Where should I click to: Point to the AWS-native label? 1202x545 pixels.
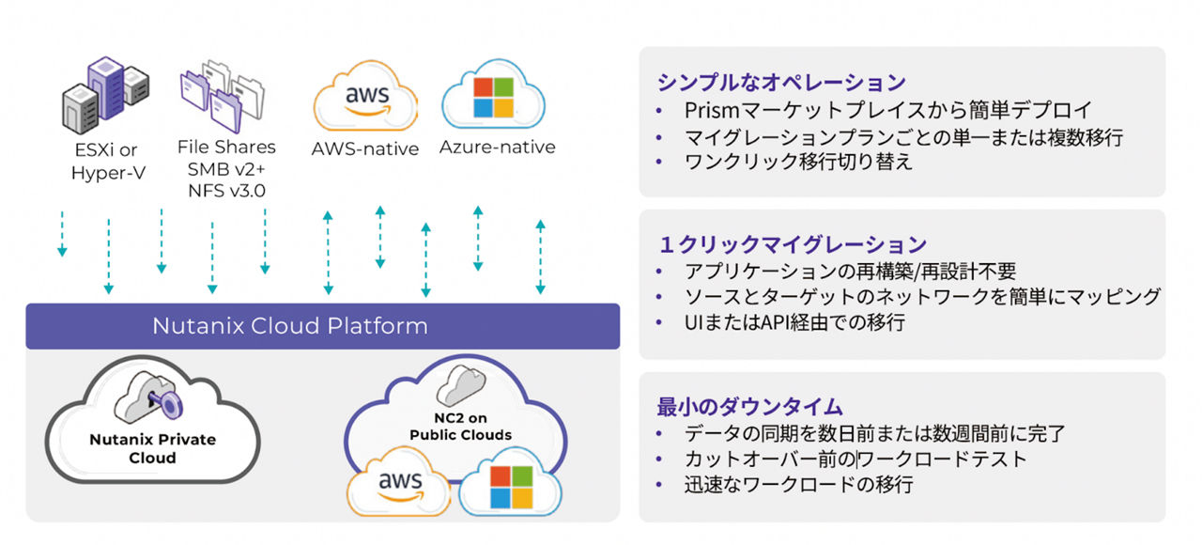point(364,148)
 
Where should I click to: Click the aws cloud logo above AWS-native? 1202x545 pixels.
point(365,98)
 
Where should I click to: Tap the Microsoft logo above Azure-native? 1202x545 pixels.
point(493,97)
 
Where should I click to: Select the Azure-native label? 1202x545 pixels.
point(497,148)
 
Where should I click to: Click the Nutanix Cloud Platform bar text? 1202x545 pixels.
point(290,326)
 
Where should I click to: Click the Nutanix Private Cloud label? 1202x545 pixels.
point(152,448)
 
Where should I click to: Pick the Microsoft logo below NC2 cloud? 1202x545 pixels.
point(509,487)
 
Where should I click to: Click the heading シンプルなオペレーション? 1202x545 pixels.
point(781,82)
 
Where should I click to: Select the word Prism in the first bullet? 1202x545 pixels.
point(709,110)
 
